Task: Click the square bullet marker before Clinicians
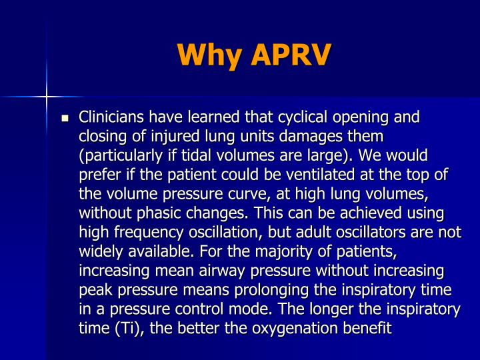pyautogui.click(x=65, y=119)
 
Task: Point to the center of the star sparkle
pyautogui.click(x=46, y=98)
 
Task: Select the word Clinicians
pyautogui.click(x=112, y=118)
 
